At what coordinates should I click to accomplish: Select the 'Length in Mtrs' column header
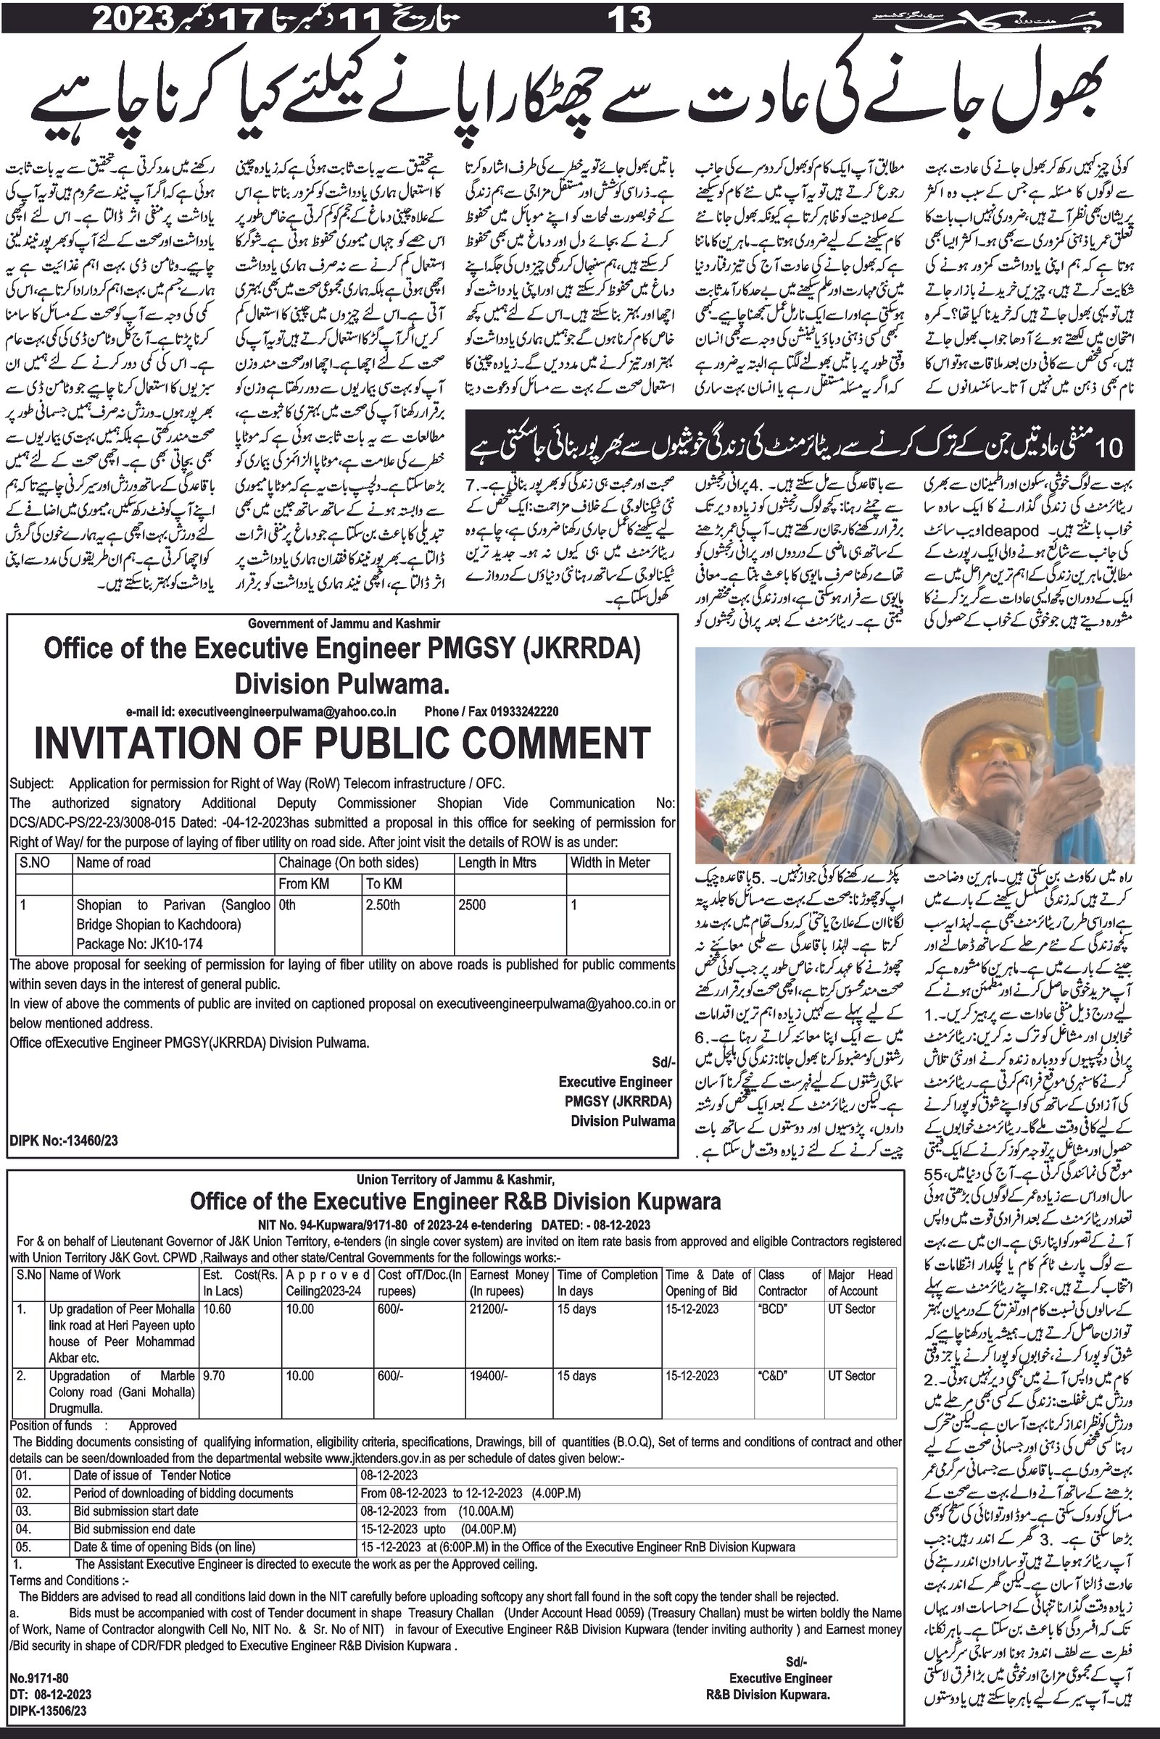pos(497,862)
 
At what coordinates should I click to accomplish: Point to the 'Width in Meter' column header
pos(610,862)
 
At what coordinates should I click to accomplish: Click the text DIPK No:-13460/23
pos(64,1140)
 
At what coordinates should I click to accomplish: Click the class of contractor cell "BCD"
pos(773,1309)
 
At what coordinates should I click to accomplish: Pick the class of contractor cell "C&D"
pos(773,1376)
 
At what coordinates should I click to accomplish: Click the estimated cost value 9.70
pos(214,1376)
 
